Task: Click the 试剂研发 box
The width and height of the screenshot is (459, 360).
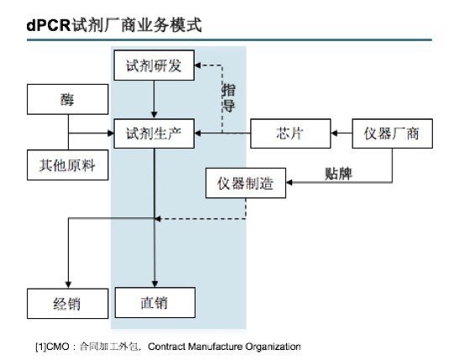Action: tap(154, 65)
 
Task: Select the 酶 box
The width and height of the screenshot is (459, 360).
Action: tap(68, 99)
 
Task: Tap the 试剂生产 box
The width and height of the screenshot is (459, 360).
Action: tap(154, 133)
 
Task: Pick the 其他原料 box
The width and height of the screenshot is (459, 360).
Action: tap(68, 164)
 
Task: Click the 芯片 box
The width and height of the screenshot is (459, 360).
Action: tap(290, 133)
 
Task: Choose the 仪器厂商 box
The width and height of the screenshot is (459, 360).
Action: tap(392, 133)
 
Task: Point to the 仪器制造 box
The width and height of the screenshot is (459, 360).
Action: tap(246, 183)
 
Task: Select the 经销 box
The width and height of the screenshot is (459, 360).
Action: tap(68, 303)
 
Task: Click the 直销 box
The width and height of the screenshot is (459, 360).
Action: tap(155, 302)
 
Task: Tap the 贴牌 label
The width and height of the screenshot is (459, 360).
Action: tap(338, 174)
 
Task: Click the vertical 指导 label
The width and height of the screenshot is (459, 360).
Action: tap(228, 97)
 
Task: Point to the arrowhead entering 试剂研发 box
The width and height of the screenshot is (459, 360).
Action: tap(197, 65)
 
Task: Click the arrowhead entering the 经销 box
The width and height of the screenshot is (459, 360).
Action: tap(68, 284)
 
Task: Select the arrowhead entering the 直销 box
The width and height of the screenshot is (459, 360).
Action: tap(155, 284)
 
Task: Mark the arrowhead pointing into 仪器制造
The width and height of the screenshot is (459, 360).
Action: tap(289, 182)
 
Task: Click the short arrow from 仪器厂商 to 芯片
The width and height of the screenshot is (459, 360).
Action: tap(342, 133)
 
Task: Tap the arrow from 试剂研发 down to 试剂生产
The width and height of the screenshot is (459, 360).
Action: tap(154, 100)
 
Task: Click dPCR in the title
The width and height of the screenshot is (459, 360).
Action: tap(49, 25)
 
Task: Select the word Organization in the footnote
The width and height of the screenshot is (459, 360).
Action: tap(273, 347)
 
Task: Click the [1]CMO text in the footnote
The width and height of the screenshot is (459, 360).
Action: tap(52, 347)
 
